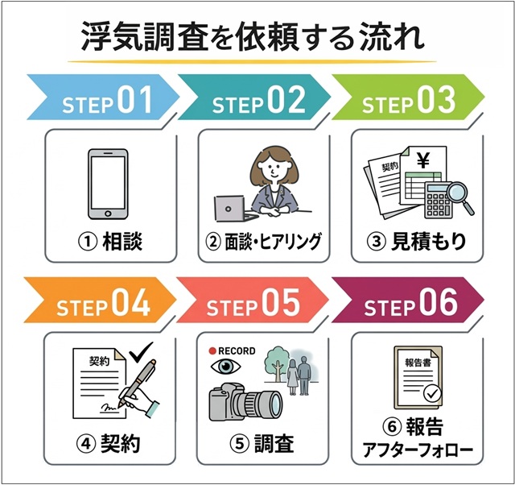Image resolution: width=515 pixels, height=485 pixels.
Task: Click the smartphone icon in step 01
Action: pos(107,184)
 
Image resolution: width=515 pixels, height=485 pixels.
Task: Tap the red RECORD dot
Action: pos(212,351)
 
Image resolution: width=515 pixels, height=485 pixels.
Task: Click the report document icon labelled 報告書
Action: pos(418,375)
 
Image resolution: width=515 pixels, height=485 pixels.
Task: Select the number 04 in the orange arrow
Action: pos(131,304)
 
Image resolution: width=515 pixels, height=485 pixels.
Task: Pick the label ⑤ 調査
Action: pos(262,444)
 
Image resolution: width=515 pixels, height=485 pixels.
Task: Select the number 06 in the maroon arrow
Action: pos(439,304)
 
